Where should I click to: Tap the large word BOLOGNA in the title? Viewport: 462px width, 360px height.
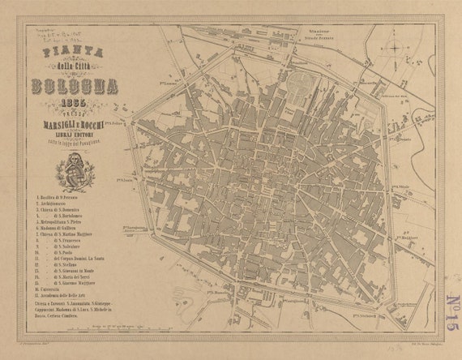[x=74, y=87]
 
